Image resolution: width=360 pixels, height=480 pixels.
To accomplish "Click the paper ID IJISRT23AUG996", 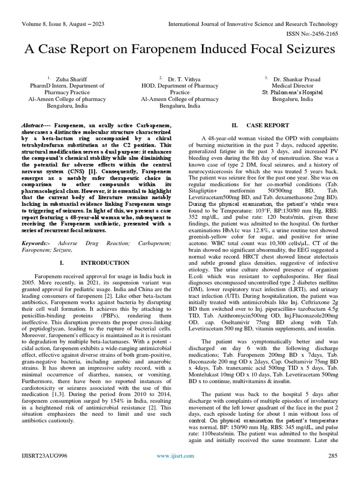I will tap(43, 456).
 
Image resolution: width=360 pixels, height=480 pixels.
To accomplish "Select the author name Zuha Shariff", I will tap(72, 79).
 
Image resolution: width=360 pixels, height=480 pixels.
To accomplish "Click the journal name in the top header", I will tap(253, 24).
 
